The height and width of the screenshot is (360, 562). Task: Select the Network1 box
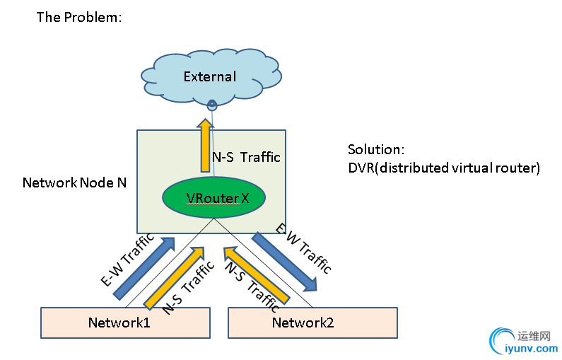click(x=125, y=323)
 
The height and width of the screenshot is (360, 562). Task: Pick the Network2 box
click(x=312, y=323)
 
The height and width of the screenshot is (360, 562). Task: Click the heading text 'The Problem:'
click(x=79, y=17)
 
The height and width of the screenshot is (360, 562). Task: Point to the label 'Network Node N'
click(x=74, y=182)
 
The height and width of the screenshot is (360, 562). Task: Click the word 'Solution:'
click(x=376, y=150)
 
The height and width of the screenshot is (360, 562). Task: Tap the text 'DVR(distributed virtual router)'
click(x=444, y=168)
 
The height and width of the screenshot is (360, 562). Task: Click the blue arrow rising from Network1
click(x=144, y=267)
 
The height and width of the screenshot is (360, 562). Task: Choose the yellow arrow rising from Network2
click(x=256, y=275)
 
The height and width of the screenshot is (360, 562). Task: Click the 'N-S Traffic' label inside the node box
click(x=247, y=157)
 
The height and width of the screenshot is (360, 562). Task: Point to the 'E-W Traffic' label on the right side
click(x=303, y=249)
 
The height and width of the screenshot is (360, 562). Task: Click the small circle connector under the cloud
click(x=211, y=105)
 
